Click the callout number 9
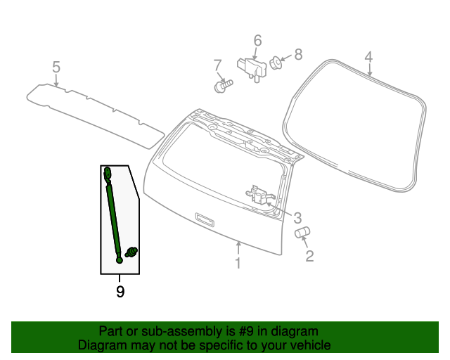coord(120,292)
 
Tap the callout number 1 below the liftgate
coord(238,263)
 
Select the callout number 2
coord(309,256)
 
